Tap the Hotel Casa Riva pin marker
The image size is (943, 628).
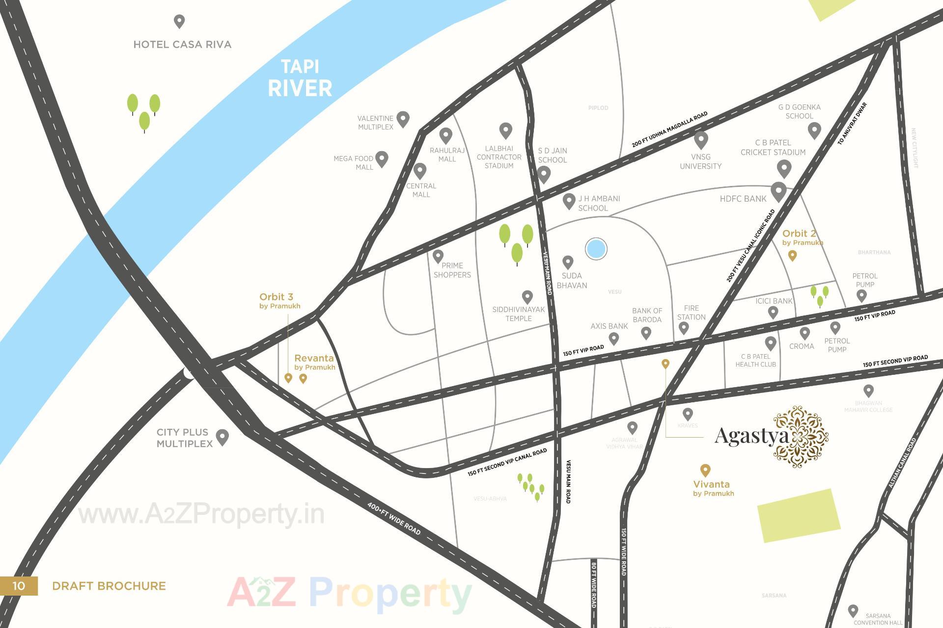click(179, 22)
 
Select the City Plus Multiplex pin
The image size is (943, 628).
click(222, 437)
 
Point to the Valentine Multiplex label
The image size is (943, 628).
click(375, 123)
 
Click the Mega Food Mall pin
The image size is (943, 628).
click(382, 158)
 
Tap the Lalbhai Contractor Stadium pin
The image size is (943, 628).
click(505, 131)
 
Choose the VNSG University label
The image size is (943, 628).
click(700, 161)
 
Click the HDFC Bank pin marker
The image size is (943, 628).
click(778, 191)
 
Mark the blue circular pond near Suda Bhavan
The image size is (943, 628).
click(596, 249)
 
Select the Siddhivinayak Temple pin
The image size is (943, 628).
click(527, 297)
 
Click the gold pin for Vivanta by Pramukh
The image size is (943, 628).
click(705, 470)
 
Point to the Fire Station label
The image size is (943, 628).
click(691, 313)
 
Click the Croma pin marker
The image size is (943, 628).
click(804, 333)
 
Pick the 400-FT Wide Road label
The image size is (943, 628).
click(394, 519)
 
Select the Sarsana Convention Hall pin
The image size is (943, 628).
click(853, 610)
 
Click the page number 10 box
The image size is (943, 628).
click(19, 586)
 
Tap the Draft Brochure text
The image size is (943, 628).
click(109, 586)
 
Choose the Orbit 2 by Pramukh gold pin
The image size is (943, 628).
click(792, 255)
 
